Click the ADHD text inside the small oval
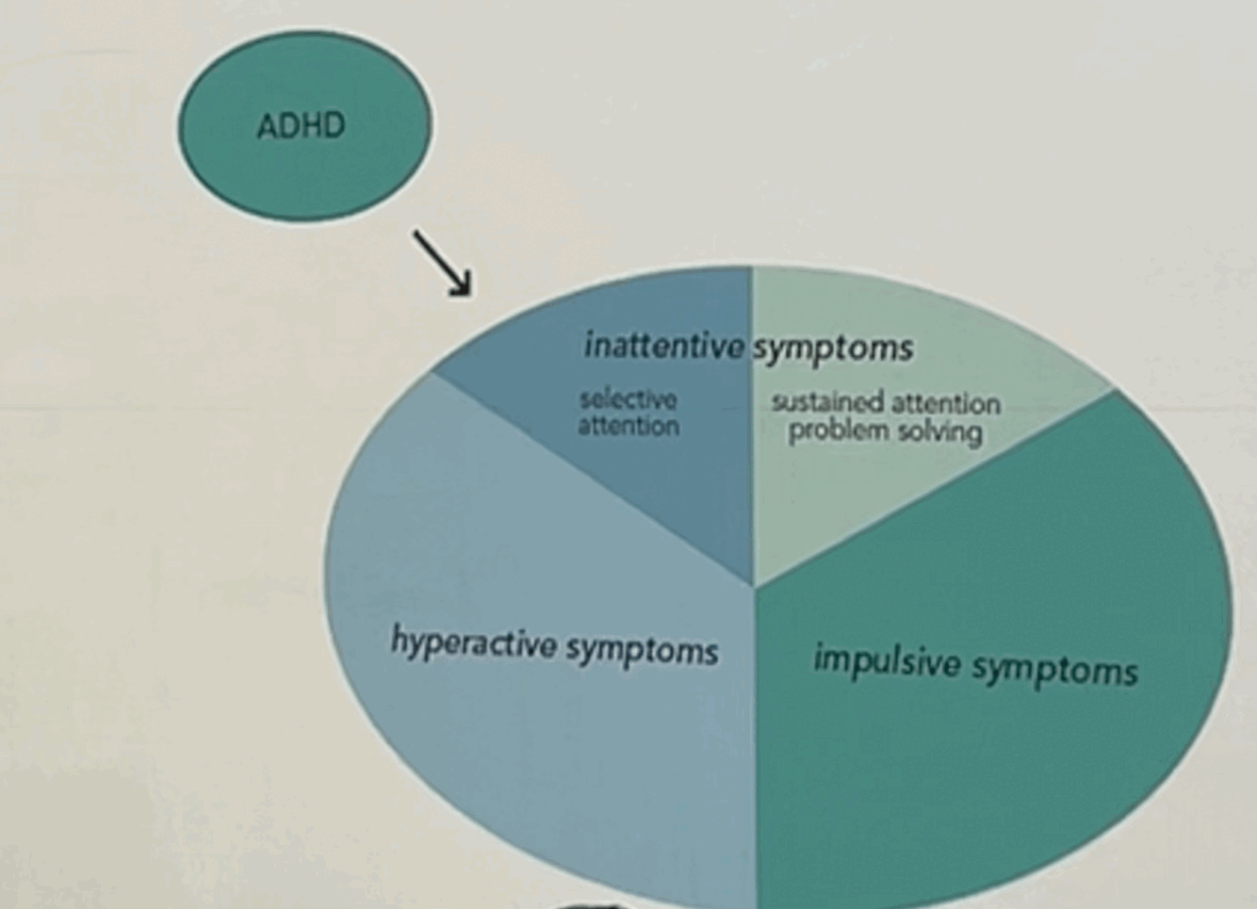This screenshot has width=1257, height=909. [x=302, y=126]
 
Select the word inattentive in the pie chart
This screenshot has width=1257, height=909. [x=663, y=346]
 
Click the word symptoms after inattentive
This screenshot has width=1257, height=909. [x=833, y=349]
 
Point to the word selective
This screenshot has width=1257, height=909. [x=628, y=399]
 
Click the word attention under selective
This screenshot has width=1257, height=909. [x=628, y=426]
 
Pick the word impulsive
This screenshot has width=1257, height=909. [x=887, y=661]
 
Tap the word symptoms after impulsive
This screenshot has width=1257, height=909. [x=1054, y=670]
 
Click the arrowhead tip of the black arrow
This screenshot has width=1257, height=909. [x=468, y=293]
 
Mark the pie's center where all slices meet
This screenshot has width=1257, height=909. [x=753, y=586]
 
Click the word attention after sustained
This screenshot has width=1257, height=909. [x=945, y=404]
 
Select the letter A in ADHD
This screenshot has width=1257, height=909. [x=267, y=126]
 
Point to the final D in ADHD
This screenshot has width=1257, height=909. [x=334, y=126]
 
